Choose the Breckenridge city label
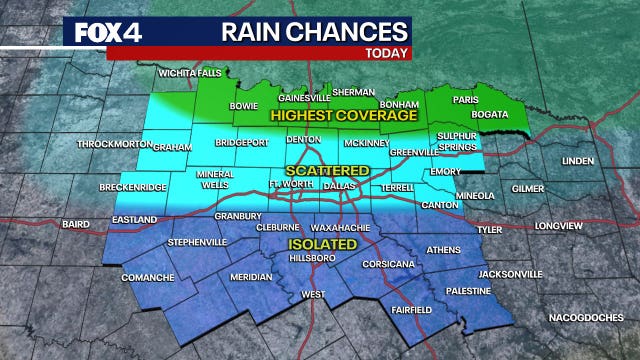click(x=132, y=188)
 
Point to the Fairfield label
click(x=411, y=310)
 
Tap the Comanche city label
click(x=148, y=277)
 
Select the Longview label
click(x=557, y=226)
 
